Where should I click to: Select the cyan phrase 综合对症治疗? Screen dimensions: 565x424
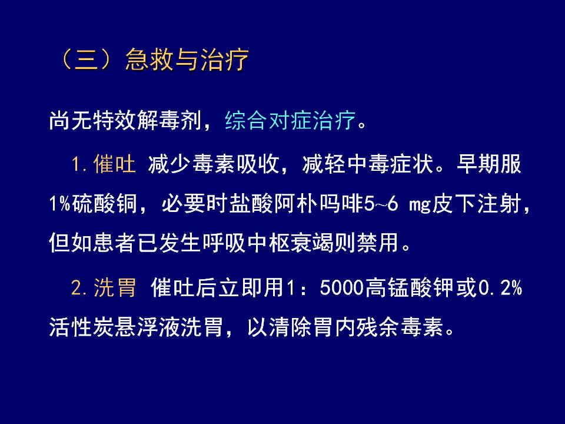290,120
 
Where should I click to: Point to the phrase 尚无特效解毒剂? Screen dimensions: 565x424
125,120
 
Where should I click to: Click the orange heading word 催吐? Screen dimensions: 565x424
115,164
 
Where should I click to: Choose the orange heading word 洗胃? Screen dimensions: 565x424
115,287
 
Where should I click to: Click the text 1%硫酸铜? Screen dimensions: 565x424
93,204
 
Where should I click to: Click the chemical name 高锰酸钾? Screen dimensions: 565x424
408,287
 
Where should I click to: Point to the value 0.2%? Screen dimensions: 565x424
500,288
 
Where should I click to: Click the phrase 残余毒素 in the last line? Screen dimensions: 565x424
400,327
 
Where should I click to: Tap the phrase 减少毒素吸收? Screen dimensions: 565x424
214,164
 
